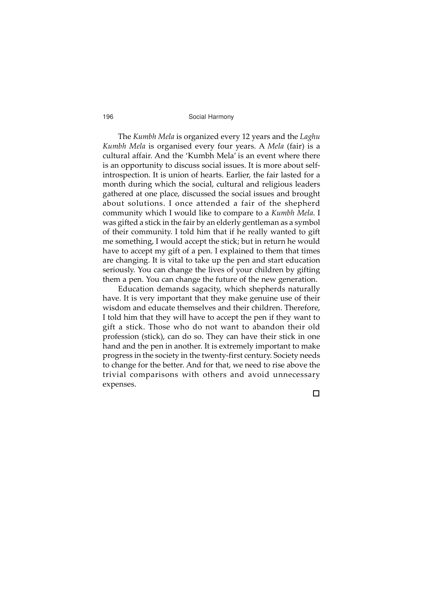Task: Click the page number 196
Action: tap(108, 117)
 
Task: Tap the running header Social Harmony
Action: tap(211, 117)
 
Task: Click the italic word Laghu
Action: tap(310, 137)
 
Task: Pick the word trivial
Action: tap(114, 375)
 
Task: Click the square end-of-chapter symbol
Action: tap(316, 394)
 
